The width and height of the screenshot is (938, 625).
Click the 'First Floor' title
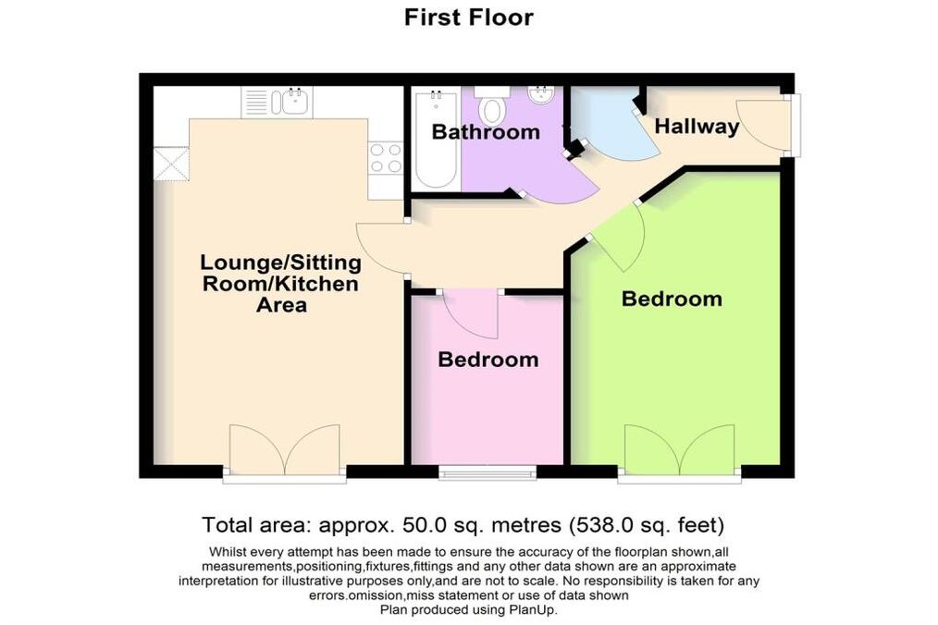(468, 17)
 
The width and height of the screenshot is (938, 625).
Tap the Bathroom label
(486, 131)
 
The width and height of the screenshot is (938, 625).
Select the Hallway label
(697, 127)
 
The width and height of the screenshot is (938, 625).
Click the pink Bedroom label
(488, 359)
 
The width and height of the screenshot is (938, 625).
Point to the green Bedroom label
(672, 299)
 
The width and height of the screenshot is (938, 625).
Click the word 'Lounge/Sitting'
(280, 262)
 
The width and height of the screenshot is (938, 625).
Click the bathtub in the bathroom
(436, 140)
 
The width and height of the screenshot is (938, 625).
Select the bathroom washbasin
(541, 96)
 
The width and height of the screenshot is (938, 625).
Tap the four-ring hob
(386, 158)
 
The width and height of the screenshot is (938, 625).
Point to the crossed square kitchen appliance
(172, 164)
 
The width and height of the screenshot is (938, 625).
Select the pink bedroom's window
(488, 473)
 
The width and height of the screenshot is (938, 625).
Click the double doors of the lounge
(285, 448)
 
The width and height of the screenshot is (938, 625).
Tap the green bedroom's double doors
(680, 448)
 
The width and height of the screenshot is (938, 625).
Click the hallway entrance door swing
(759, 123)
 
